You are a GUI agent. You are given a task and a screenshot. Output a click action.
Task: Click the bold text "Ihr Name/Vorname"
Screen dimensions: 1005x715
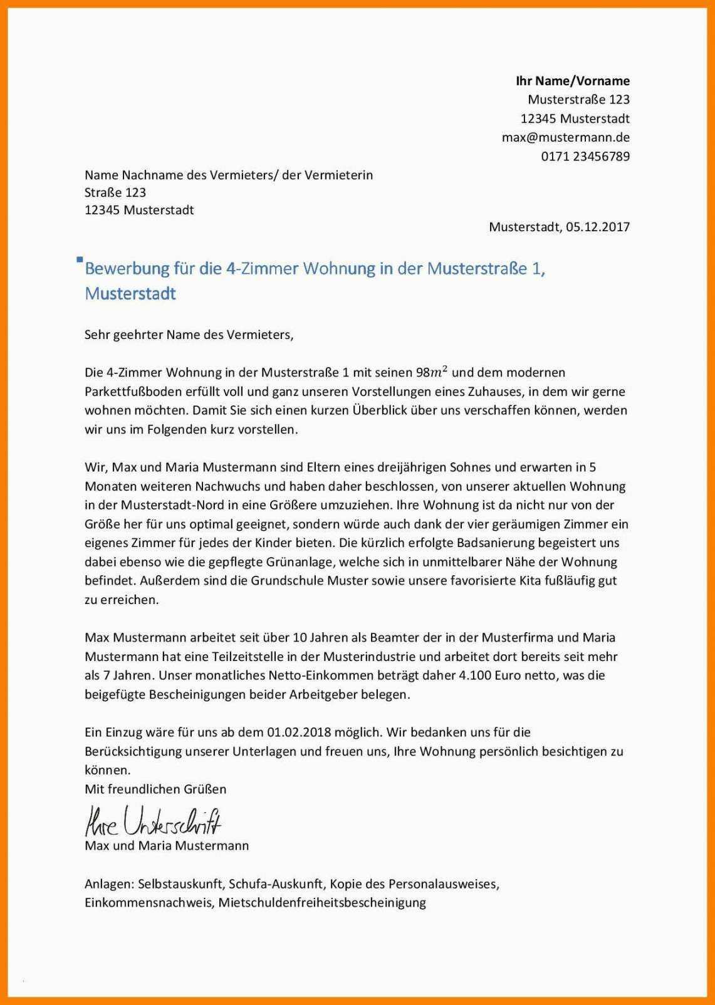pyautogui.click(x=572, y=81)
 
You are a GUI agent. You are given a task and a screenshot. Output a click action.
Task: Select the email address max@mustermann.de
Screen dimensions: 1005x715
pyautogui.click(x=565, y=137)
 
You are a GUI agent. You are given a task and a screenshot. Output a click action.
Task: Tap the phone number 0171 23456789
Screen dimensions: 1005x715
pyautogui.click(x=585, y=156)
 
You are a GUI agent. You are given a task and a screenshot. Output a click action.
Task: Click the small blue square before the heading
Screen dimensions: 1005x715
pyautogui.click(x=79, y=259)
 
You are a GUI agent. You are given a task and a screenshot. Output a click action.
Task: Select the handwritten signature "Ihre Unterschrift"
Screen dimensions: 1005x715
pyautogui.click(x=153, y=821)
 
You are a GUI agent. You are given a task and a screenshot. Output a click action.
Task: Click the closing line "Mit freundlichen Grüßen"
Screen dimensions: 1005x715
pyautogui.click(x=155, y=789)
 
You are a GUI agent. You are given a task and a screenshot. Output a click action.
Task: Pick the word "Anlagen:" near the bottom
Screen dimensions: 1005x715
pyautogui.click(x=109, y=884)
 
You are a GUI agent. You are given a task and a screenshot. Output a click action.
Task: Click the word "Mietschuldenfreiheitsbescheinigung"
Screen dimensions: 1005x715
pyautogui.click(x=321, y=903)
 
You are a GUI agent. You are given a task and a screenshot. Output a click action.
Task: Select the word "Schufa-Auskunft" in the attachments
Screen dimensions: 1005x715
pyautogui.click(x=276, y=884)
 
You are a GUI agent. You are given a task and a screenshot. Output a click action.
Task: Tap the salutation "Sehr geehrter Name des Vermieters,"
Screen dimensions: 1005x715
pyautogui.click(x=189, y=335)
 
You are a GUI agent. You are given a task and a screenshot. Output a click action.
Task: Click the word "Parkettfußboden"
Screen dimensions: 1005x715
pyautogui.click(x=130, y=392)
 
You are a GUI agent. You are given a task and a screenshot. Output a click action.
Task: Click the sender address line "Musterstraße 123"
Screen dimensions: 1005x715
pyautogui.click(x=578, y=100)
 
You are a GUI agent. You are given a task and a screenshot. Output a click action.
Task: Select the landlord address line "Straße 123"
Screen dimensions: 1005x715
pyautogui.click(x=115, y=192)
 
